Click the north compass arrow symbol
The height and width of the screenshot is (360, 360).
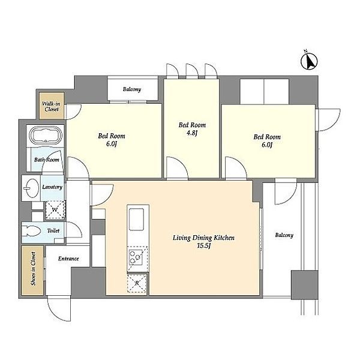(x=309, y=61)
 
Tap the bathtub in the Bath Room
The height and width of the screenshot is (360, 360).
(x=47, y=135)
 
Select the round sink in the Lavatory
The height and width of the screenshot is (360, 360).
(x=31, y=188)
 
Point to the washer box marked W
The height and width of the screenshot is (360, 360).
(x=55, y=210)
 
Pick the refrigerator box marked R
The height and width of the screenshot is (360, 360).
(x=137, y=283)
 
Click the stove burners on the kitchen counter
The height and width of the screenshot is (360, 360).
(x=136, y=257)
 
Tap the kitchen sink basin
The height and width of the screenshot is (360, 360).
(x=136, y=219)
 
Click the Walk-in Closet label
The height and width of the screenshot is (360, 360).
(x=51, y=107)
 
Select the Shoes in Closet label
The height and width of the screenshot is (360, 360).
(x=33, y=269)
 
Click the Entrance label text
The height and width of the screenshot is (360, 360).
(x=68, y=259)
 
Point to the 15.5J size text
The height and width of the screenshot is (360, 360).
(x=203, y=246)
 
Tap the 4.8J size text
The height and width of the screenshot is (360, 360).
(x=192, y=133)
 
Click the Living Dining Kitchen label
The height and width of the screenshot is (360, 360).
(x=203, y=238)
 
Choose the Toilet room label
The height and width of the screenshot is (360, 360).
(x=53, y=231)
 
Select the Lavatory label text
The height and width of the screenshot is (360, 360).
(x=52, y=187)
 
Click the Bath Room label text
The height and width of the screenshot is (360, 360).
(x=47, y=160)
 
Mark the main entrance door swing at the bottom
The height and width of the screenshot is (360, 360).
(x=59, y=308)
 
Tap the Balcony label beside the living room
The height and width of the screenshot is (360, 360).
(x=284, y=235)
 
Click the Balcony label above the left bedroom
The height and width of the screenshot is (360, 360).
(x=132, y=89)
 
